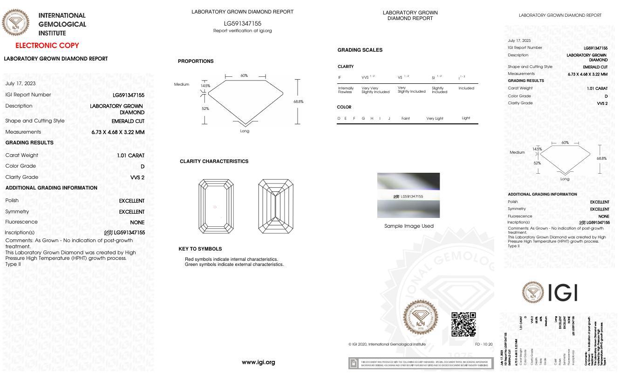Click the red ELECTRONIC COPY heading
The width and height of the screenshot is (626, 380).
47,46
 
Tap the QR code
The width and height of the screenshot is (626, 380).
463,324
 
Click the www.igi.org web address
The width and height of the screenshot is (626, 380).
258,362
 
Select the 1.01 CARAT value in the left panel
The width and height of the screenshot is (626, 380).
130,155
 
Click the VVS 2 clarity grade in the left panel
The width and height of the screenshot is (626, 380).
137,177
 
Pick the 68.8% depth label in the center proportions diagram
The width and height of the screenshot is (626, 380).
298,102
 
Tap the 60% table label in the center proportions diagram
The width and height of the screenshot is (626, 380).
244,75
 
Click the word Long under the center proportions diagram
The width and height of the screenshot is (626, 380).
245,131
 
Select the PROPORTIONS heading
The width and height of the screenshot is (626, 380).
196,61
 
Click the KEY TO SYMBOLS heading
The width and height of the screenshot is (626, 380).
200,249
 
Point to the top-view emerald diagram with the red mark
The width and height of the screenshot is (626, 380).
216,206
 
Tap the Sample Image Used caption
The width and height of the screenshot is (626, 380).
408,226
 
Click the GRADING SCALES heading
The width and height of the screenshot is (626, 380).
360,50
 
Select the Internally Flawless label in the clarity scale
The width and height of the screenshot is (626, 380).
346,90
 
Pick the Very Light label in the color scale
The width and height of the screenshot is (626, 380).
435,118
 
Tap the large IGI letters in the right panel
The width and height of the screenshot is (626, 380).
563,293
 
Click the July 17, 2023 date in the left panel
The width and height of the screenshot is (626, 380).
20,84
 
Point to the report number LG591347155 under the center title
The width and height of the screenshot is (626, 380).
242,23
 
